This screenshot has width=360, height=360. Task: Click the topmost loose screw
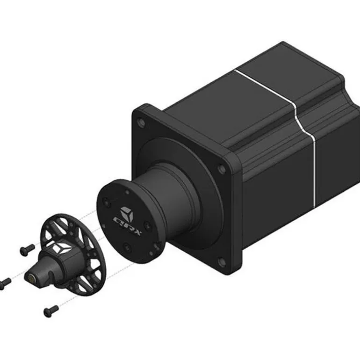tap(28, 249)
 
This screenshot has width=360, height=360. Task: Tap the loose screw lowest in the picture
tap(51, 309)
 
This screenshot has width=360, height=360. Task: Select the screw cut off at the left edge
tap(5, 282)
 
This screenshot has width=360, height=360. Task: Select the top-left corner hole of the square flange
tap(141, 124)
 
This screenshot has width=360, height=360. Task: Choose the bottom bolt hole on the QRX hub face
tap(126, 246)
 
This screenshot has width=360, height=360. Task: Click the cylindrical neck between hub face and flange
tap(168, 196)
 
